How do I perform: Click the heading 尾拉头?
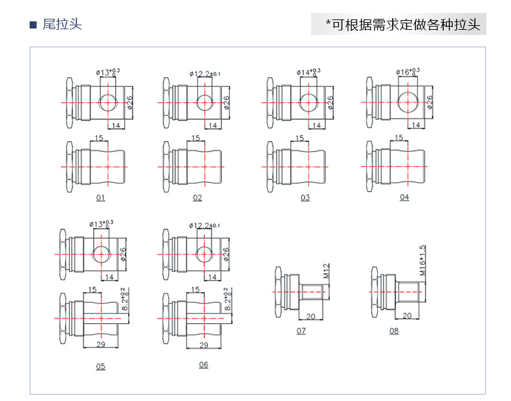62,25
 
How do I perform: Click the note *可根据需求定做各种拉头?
402,25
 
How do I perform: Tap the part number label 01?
100,198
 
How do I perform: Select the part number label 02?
197,198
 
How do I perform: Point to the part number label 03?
305,198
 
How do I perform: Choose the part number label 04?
404,197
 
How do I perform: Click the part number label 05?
100,367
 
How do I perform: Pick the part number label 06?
204,365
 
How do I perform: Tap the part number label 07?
301,331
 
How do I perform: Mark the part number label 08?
394,331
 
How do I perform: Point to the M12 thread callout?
327,270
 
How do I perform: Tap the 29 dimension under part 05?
101,345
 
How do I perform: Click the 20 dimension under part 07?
310,317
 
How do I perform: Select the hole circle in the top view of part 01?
109,102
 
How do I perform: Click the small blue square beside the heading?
34,25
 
